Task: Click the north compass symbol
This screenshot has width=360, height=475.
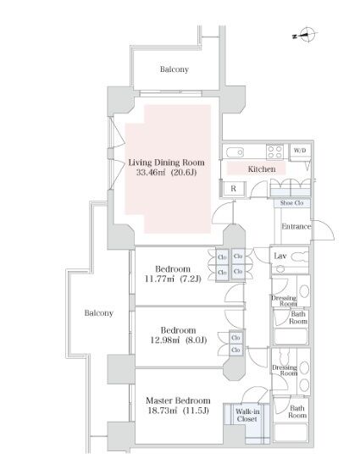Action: (305, 35)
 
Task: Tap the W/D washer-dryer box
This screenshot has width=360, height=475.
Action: (300, 150)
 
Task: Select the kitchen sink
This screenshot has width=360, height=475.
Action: (235, 152)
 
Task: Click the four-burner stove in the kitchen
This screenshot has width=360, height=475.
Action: (274, 152)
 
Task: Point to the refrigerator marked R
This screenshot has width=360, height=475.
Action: (233, 189)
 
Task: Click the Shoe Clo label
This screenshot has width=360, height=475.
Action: (291, 203)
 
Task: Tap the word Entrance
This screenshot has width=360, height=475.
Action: (296, 226)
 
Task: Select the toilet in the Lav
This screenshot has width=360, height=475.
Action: (299, 257)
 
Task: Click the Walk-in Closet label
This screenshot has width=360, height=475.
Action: (247, 415)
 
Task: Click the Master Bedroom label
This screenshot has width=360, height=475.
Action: (178, 400)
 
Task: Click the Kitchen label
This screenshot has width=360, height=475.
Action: (262, 169)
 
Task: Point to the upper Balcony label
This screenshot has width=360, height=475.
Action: (174, 69)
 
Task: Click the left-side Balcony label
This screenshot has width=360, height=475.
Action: (99, 313)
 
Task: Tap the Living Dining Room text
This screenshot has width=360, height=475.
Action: (166, 163)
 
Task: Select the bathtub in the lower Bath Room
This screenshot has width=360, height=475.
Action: (291, 433)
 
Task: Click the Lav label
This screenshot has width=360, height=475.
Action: (280, 256)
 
